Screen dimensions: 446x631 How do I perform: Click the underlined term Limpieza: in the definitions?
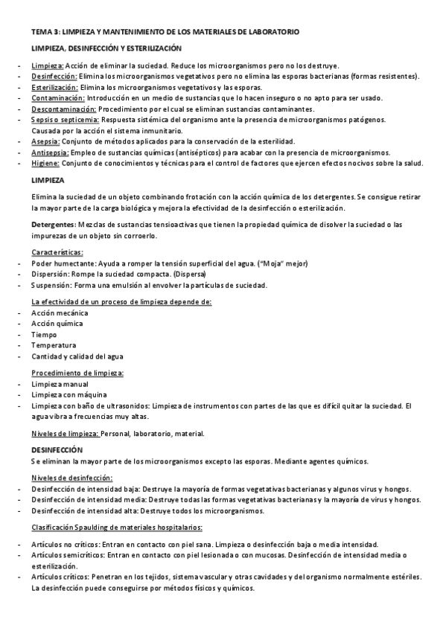(x=48, y=65)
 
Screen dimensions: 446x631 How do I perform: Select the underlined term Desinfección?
(x=54, y=76)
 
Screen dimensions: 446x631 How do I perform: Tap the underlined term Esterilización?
(x=55, y=87)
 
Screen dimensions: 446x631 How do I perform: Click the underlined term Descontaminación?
(x=63, y=109)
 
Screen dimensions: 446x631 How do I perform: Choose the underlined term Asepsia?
(x=45, y=141)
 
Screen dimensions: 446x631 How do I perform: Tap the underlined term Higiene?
(x=45, y=163)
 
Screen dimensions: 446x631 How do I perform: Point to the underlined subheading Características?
(x=57, y=252)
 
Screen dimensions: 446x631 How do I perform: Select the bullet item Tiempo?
(x=44, y=335)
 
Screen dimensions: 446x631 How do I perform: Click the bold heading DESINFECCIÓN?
(x=57, y=450)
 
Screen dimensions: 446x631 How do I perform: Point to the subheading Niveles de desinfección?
(x=71, y=478)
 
